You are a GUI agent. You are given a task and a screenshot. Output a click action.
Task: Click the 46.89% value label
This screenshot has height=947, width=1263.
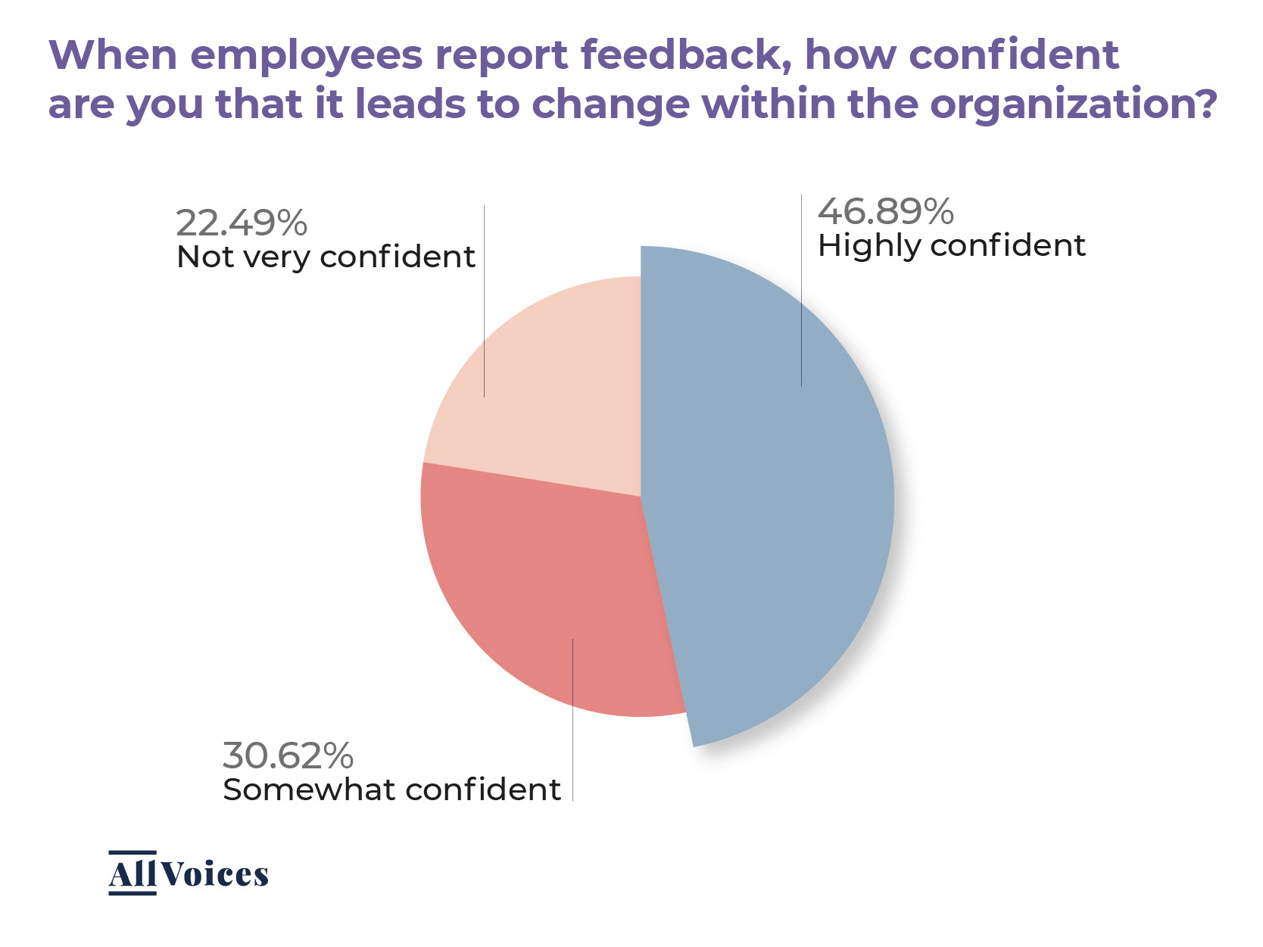point(885,212)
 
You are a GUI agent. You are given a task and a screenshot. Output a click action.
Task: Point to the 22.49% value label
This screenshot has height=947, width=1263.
point(242,223)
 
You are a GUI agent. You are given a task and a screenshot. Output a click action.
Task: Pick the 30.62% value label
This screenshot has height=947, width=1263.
point(288,755)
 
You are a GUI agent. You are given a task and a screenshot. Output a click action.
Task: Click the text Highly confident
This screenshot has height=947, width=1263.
point(951,246)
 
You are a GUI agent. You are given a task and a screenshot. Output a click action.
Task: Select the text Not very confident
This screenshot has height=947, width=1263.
point(326,257)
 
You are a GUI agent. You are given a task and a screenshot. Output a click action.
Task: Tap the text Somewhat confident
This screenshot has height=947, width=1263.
point(391,790)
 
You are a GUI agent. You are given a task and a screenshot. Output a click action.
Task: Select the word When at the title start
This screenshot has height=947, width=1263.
point(113,55)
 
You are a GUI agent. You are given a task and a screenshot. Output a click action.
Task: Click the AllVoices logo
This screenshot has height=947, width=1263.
point(188,874)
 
